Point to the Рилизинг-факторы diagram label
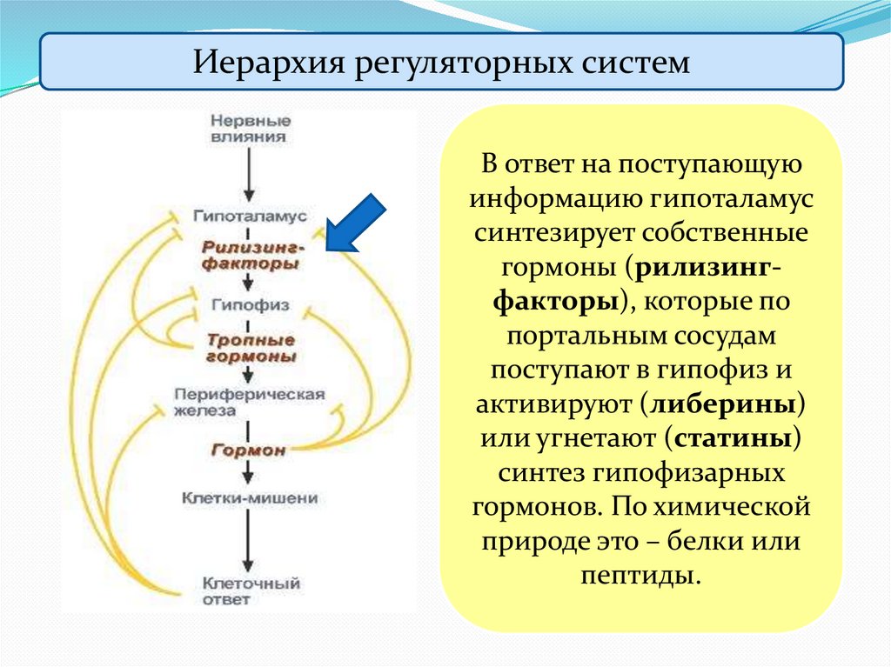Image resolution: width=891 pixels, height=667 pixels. [251, 255]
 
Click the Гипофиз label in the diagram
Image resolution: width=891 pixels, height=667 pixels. [250, 305]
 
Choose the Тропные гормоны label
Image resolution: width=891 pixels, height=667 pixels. [251, 348]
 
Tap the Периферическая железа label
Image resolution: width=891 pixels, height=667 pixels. [249, 402]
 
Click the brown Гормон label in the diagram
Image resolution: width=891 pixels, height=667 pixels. [248, 450]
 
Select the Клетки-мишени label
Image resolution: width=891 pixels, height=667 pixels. [250, 499]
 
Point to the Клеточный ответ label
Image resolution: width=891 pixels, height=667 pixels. [251, 591]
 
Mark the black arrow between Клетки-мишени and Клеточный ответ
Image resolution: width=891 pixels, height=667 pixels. [250, 544]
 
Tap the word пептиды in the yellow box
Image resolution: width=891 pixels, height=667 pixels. [640, 575]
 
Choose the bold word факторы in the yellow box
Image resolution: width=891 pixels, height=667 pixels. [553, 303]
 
